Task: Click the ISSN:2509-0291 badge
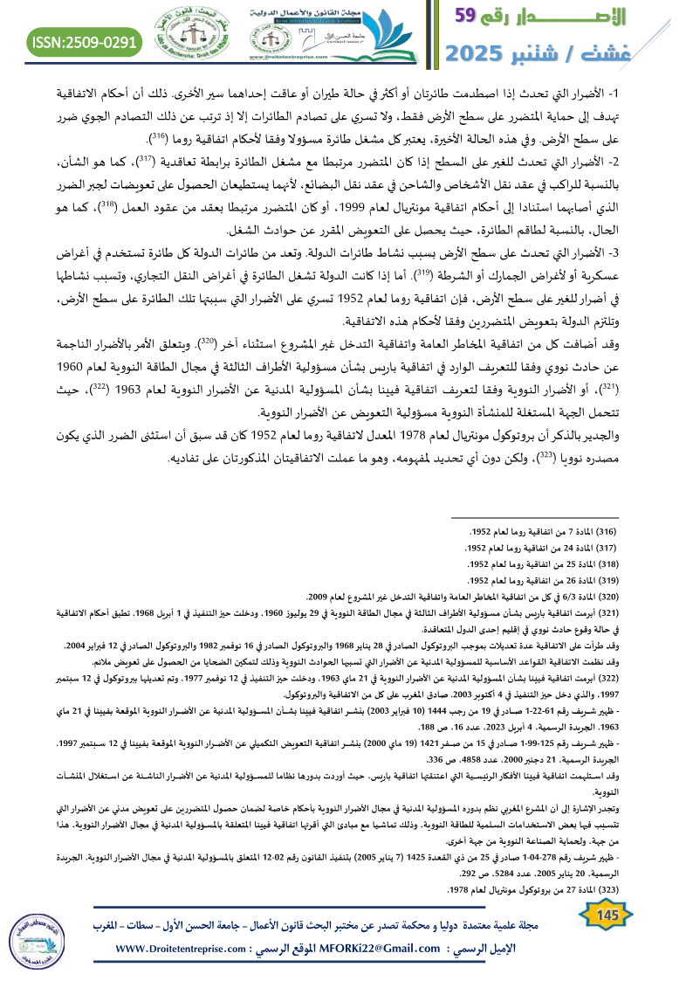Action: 86,41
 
